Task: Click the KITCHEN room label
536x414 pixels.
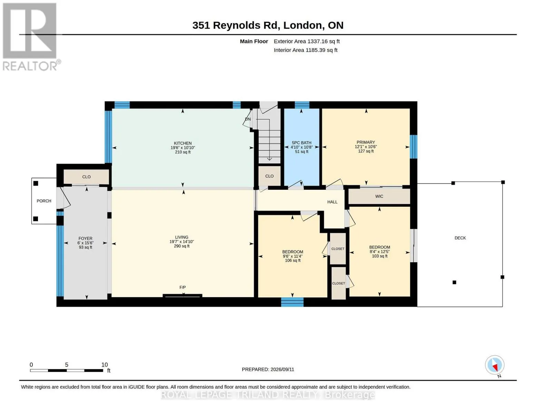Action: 183,143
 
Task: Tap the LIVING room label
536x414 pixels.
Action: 182,237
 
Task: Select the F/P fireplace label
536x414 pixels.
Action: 183,287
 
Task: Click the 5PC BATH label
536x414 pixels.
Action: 301,143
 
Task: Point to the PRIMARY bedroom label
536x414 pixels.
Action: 366,142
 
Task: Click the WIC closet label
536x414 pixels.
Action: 379,196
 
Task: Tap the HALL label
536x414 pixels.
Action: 332,202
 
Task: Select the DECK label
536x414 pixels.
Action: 460,238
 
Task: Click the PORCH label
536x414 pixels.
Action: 44,201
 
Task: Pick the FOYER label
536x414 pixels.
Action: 85,238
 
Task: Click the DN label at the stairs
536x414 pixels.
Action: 248,119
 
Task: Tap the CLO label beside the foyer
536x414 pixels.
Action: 86,177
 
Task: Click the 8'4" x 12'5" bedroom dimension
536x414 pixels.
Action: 380,252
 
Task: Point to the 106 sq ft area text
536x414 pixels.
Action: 293,260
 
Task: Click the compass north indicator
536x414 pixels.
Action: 495,367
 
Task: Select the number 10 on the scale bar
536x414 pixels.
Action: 105,365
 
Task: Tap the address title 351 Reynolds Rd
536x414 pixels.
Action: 236,25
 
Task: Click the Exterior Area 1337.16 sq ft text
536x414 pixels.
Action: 306,41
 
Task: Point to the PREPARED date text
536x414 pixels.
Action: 268,369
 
